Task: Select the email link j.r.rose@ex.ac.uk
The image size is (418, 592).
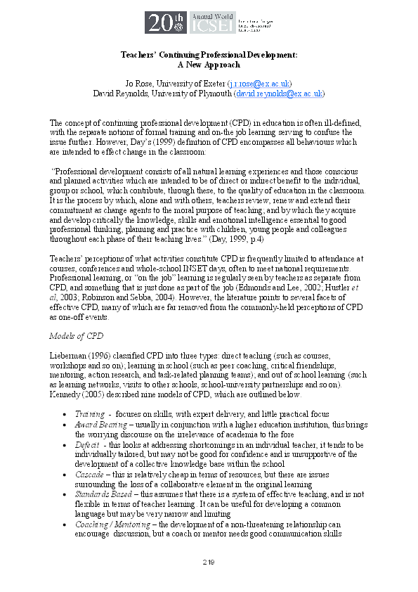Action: [x=260, y=83]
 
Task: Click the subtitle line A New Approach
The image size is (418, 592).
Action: [x=209, y=64]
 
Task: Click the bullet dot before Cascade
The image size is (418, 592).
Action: [x=65, y=475]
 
